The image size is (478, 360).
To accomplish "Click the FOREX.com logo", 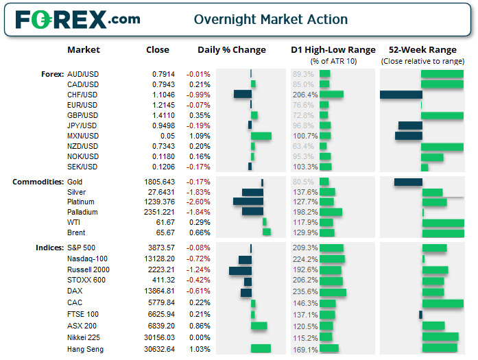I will (x=77, y=19).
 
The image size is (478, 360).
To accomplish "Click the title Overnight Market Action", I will (x=270, y=19).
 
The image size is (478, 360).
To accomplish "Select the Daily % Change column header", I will (x=231, y=49).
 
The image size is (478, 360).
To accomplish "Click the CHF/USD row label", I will (x=82, y=95).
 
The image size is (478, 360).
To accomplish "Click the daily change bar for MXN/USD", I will (x=261, y=136).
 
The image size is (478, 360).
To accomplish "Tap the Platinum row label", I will (x=82, y=202).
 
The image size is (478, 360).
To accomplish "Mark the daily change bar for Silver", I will (x=252, y=192).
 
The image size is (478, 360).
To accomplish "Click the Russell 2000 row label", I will (x=88, y=269).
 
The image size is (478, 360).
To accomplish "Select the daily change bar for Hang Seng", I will (x=261, y=348).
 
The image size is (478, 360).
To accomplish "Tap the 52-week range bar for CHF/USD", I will (x=401, y=95).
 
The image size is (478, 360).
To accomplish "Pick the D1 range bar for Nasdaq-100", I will (x=332, y=259).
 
